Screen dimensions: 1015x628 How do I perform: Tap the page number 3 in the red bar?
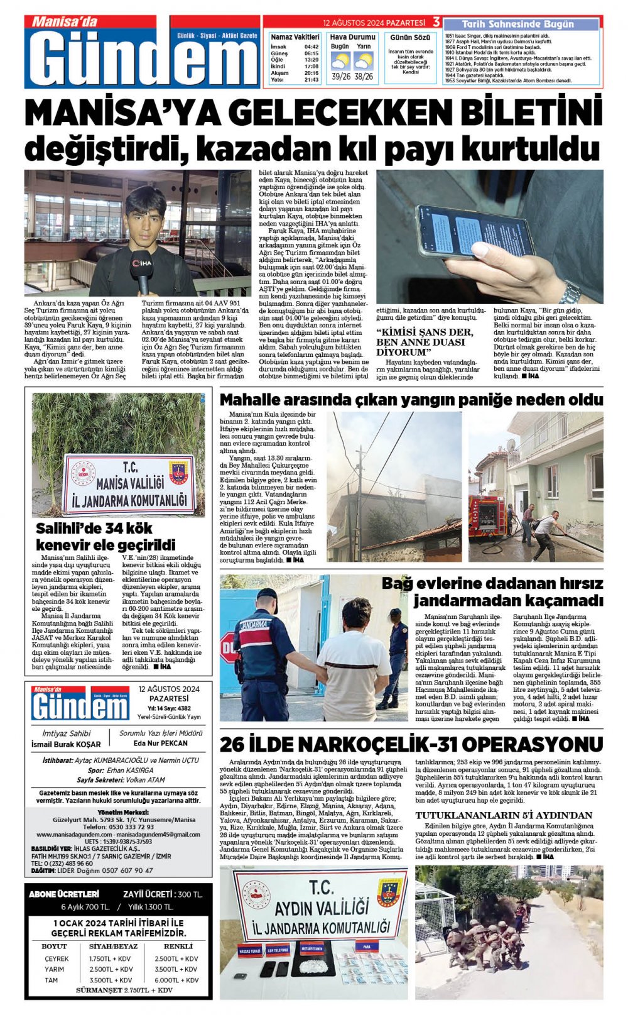click(x=436, y=23)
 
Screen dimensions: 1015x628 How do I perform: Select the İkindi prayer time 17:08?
click(x=311, y=66)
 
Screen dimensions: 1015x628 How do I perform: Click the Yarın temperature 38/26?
click(x=364, y=77)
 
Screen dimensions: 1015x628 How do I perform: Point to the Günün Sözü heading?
click(x=410, y=38)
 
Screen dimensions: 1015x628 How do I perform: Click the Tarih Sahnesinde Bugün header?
click(x=517, y=24)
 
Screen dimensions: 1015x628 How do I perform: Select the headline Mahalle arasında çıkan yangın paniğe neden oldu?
click(x=411, y=400)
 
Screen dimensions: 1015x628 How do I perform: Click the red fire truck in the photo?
click(x=487, y=515)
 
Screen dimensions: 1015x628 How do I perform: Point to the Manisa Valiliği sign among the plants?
click(x=129, y=485)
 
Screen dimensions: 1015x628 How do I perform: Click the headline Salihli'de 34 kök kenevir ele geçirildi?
click(x=105, y=536)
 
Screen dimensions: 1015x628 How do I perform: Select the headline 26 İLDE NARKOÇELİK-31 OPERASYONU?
click(x=411, y=745)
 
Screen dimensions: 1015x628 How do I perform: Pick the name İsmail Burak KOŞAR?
click(x=66, y=744)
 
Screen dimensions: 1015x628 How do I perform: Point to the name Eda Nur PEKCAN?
click(x=161, y=743)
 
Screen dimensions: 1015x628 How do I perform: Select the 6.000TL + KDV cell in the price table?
click(x=176, y=980)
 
